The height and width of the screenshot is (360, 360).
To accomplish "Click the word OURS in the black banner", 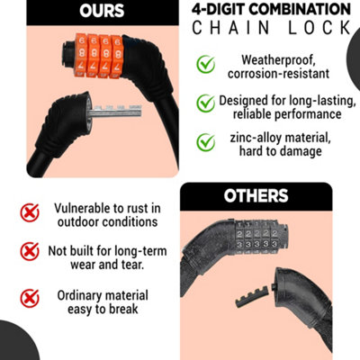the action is [102, 11].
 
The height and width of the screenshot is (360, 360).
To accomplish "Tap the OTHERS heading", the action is [256, 196].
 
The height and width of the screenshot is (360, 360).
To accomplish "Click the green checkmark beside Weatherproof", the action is [206, 64].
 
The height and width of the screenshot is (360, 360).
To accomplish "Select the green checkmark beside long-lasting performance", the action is [206, 103].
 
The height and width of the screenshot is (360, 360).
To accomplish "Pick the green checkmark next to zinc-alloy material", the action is [206, 142].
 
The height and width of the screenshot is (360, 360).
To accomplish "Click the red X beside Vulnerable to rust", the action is [30, 212].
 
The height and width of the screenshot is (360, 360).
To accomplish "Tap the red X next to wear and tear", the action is [30, 251].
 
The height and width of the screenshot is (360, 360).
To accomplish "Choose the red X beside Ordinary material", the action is [30, 299].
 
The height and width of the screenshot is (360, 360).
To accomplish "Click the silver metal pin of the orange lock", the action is [115, 112].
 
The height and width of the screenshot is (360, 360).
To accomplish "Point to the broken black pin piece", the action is [252, 297].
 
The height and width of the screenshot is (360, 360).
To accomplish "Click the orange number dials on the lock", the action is [98, 56].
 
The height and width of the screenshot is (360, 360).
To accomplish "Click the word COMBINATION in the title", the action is [300, 9].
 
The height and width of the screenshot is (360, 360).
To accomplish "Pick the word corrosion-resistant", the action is [278, 74].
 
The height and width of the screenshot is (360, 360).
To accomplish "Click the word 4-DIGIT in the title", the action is [219, 9].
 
